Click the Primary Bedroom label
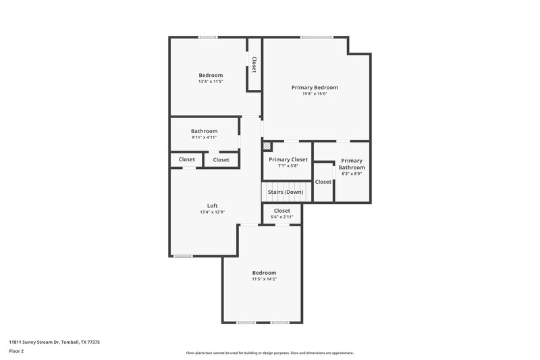point(315,87)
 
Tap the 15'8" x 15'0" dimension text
point(315,94)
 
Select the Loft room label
point(212,206)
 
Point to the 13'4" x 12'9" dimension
point(212,212)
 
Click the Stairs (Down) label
point(286,192)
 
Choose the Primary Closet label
point(288,159)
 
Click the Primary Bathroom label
point(352,164)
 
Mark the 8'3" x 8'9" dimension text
point(352,174)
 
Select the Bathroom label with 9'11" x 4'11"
point(204,131)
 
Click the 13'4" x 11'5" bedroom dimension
point(211,81)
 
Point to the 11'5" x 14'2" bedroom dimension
point(265,279)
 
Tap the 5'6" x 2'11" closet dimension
point(281,217)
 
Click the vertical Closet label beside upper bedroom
point(254,64)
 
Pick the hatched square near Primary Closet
point(267,146)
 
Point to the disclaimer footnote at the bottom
point(269,353)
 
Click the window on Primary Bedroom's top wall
point(312,36)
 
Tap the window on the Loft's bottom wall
point(183,256)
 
